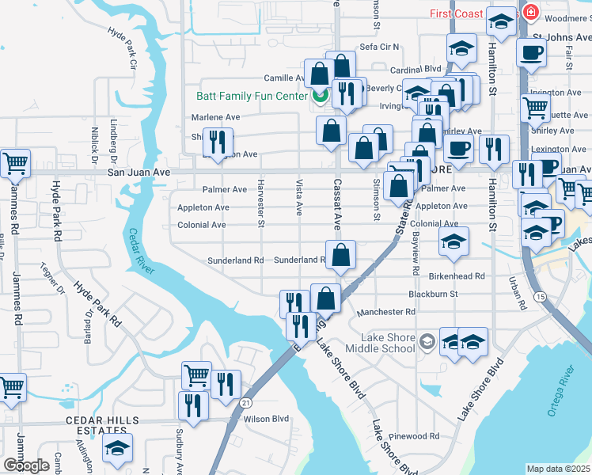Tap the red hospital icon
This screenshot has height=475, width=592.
coord(529,13)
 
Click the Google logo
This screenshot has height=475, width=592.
coord(26,465)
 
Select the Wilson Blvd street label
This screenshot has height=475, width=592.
coord(267,419)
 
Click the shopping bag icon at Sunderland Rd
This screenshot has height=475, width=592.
coord(340,256)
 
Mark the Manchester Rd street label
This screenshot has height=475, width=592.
coord(385,312)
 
